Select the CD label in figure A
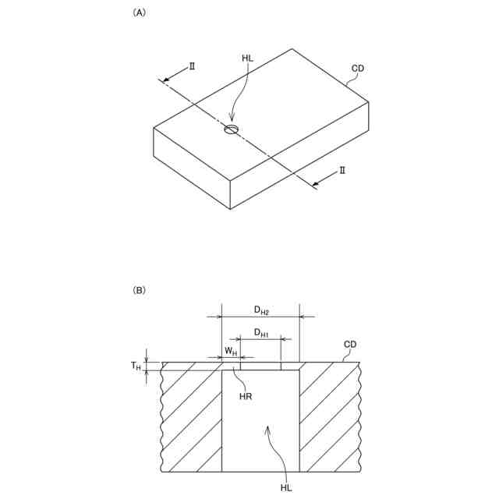pyautogui.click(x=358, y=69)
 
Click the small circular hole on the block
pyautogui.click(x=231, y=129)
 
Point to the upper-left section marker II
pyautogui.click(x=192, y=66)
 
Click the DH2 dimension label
pyautogui.click(x=261, y=310)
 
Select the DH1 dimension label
pyautogui.click(x=261, y=334)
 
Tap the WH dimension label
pyautogui.click(x=231, y=351)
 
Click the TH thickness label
pyautogui.click(x=136, y=366)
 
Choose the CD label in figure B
pyautogui.click(x=350, y=345)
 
